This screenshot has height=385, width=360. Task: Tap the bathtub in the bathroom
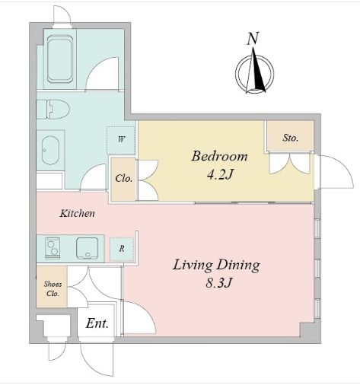(x=60, y=58)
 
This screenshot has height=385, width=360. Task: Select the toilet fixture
(x=53, y=108)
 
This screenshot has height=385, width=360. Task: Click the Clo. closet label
(x=123, y=180)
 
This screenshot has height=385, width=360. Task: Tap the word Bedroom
(x=219, y=157)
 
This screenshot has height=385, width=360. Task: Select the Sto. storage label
(x=290, y=138)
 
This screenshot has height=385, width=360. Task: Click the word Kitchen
(x=77, y=214)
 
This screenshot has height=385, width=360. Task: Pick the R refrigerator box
(x=121, y=248)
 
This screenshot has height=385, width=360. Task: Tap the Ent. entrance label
(x=97, y=323)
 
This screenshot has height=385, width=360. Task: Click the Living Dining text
(x=216, y=266)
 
